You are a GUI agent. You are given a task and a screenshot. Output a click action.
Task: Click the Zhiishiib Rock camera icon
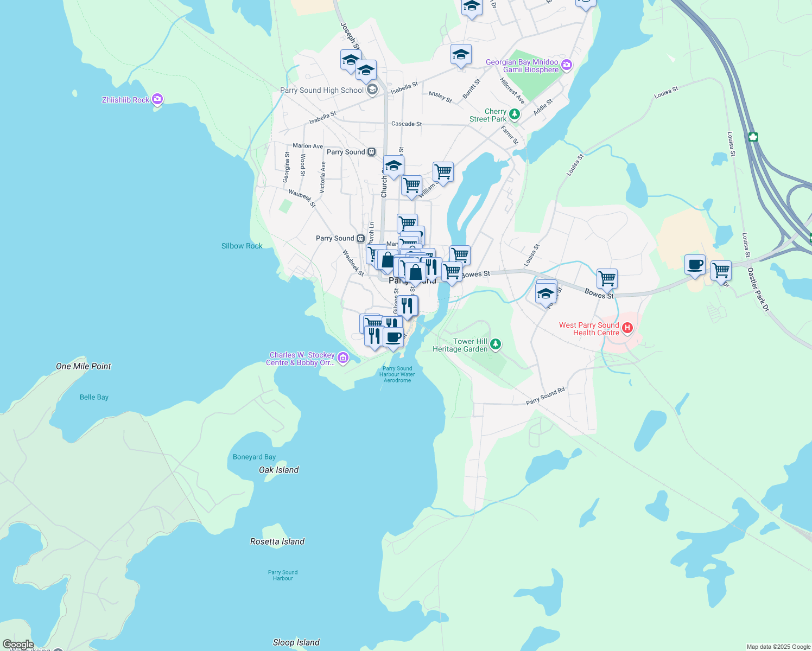[x=157, y=99]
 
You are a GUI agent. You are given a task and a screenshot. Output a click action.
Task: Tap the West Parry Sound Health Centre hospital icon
[x=627, y=328]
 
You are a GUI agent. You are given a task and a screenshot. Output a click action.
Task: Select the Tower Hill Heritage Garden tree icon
[x=495, y=344]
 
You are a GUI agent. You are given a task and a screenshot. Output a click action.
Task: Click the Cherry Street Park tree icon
[x=515, y=114]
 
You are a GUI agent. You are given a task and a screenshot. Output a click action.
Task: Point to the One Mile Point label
[x=83, y=366]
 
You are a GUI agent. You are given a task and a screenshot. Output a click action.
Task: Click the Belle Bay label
[x=94, y=397]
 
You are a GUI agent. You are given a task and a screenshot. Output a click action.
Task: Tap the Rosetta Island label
[x=277, y=541]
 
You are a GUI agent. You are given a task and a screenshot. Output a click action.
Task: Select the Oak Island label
[x=278, y=470]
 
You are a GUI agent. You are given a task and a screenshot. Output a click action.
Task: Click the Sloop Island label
[x=296, y=642]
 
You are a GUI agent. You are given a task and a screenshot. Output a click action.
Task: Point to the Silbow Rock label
[x=242, y=246]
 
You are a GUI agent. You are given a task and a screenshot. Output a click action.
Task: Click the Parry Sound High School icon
[x=372, y=90]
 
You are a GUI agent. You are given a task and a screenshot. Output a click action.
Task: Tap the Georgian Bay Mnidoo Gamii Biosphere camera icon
[x=567, y=66]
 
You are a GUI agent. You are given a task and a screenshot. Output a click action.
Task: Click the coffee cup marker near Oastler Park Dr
[x=695, y=265]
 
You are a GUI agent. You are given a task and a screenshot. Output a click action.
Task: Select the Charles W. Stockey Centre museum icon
[x=342, y=358]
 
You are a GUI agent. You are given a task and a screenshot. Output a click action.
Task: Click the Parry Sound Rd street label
[x=545, y=396]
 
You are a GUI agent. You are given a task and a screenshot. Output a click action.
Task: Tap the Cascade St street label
[x=407, y=124]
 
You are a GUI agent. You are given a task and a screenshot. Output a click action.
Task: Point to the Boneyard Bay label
[x=254, y=457]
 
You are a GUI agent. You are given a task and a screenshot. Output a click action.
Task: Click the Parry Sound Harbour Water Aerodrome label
[x=397, y=374]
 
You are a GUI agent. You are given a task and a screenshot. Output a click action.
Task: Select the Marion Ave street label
[x=307, y=145]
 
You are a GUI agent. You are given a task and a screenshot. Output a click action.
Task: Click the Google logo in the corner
[x=18, y=644]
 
